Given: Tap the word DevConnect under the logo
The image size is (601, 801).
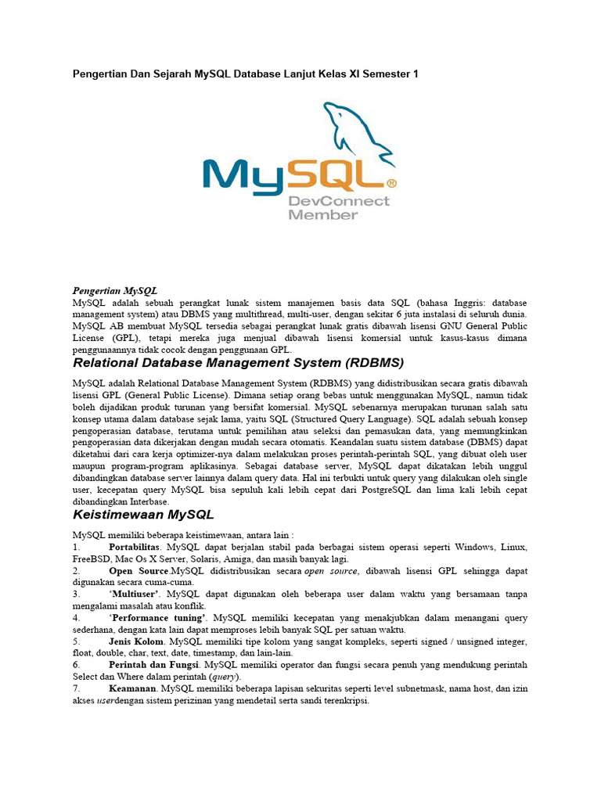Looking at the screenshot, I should pyautogui.click(x=339, y=202).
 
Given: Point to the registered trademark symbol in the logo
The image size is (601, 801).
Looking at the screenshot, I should pyautogui.click(x=392, y=184).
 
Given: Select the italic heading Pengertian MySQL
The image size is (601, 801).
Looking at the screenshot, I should pyautogui.click(x=115, y=290).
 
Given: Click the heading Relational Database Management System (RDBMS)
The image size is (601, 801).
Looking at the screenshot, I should pyautogui.click(x=238, y=363).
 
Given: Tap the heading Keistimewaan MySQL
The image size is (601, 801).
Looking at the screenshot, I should pyautogui.click(x=143, y=515).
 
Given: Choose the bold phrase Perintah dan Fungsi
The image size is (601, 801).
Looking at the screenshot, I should pyautogui.click(x=152, y=665).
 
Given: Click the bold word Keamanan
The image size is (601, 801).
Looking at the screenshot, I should pyautogui.click(x=132, y=688).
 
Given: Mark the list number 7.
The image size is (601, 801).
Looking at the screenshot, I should pyautogui.click(x=75, y=688).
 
